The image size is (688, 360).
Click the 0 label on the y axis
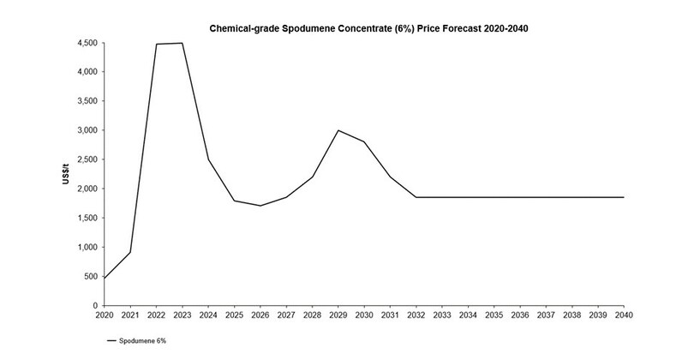pyautogui.click(x=94, y=305)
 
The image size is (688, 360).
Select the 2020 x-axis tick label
pyautogui.click(x=104, y=316)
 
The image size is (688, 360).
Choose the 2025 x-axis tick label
pyautogui.click(x=234, y=316)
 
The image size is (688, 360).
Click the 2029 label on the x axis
pyautogui.click(x=338, y=316)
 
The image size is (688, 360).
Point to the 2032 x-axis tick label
pyautogui.click(x=416, y=316)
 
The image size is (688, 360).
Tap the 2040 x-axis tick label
pyautogui.click(x=623, y=316)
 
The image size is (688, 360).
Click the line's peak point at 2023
pyautogui.click(x=182, y=43)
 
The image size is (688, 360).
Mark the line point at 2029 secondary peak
pyautogui.click(x=338, y=130)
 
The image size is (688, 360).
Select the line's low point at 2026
pyautogui.click(x=260, y=206)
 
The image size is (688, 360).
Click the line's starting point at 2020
pyautogui.click(x=104, y=278)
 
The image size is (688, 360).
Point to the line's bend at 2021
pyautogui.click(x=129, y=252)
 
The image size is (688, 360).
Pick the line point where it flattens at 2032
pyautogui.click(x=416, y=197)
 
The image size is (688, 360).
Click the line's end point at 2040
pyautogui.click(x=623, y=197)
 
